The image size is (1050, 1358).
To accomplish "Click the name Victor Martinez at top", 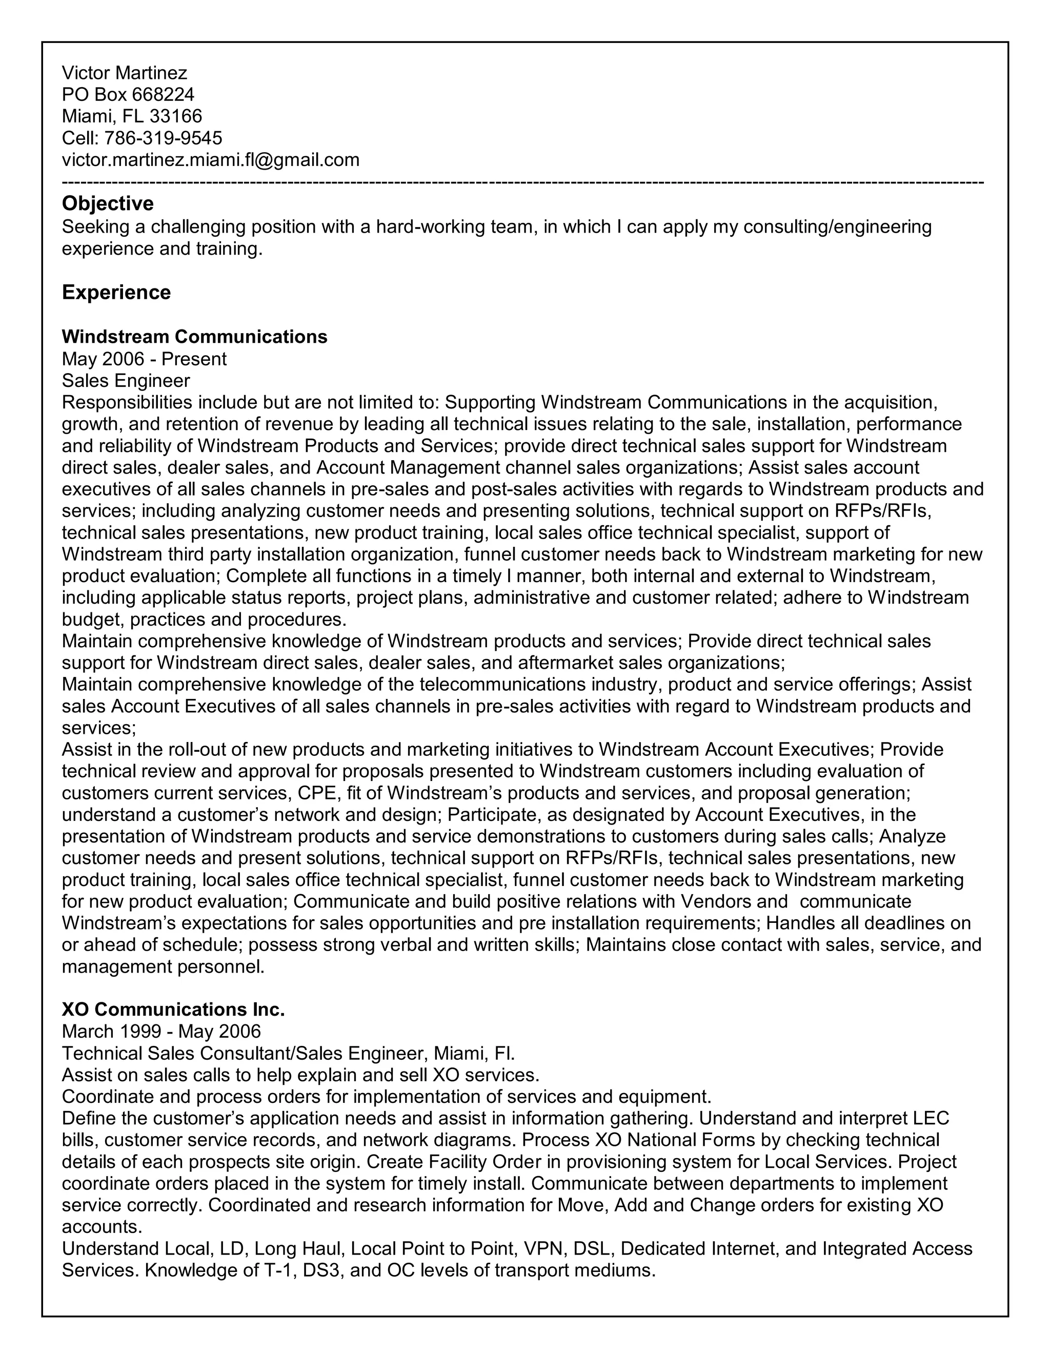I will click(x=125, y=73).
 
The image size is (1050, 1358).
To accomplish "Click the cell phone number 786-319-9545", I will click(x=163, y=138).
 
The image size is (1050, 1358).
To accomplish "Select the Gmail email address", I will click(x=210, y=160).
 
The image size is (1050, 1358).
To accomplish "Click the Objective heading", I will click(x=108, y=204).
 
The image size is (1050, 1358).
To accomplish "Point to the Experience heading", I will click(x=116, y=292).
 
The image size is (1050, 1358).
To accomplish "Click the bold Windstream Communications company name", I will click(x=194, y=336).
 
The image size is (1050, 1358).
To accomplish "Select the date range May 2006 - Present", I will click(x=144, y=359).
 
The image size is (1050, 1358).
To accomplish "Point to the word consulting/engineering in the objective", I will click(x=837, y=227).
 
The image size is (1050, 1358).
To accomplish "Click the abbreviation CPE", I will click(x=317, y=793).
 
